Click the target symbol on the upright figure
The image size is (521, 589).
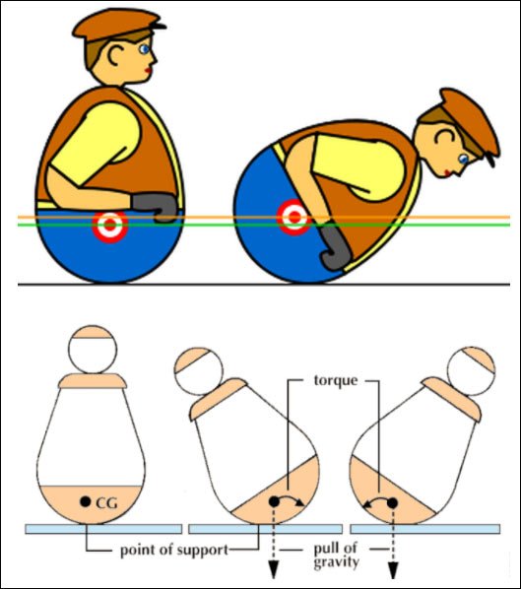pos(110,225)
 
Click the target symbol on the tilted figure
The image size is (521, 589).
pos(294,217)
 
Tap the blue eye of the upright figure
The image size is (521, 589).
pos(144,49)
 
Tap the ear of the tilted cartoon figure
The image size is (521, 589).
pos(445,137)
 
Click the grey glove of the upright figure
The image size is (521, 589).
pos(154,207)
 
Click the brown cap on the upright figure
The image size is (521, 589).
pos(118,24)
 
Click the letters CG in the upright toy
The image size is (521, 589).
pos(106,503)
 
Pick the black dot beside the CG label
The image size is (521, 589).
pos(86,500)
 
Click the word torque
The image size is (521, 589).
pos(336,380)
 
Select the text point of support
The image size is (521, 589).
pos(174,551)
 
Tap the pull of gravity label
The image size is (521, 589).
pos(336,556)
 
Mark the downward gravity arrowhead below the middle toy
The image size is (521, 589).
pos(274,570)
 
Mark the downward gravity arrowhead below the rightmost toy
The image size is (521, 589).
pos(393,570)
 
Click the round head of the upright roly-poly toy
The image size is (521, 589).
pos(93,350)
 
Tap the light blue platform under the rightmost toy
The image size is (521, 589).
pos(425,529)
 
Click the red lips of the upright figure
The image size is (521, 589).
pos(150,71)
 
